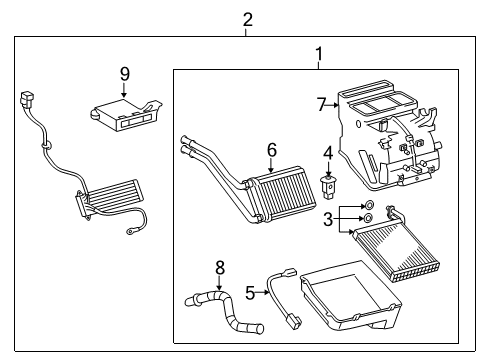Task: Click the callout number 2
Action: tap(247, 19)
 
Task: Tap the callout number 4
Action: tap(327, 152)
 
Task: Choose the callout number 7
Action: tap(321, 103)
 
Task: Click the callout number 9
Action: tap(125, 73)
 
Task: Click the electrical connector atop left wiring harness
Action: tap(26, 100)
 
